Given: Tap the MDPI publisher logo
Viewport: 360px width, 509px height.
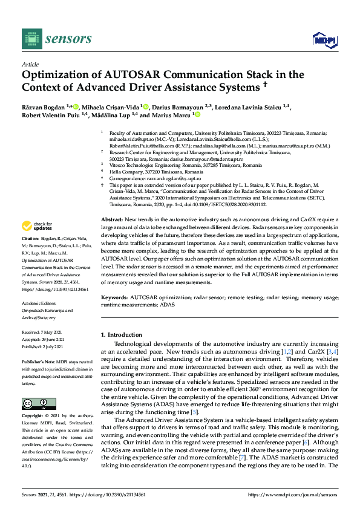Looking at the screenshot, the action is [x=324, y=40].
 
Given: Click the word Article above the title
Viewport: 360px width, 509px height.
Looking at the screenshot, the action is [x=30, y=64].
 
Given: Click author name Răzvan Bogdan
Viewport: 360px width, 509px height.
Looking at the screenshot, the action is [x=42, y=106].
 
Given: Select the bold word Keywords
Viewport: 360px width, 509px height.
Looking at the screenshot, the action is [x=114, y=298].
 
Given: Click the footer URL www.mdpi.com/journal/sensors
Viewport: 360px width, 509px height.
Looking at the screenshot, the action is [x=292, y=494].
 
